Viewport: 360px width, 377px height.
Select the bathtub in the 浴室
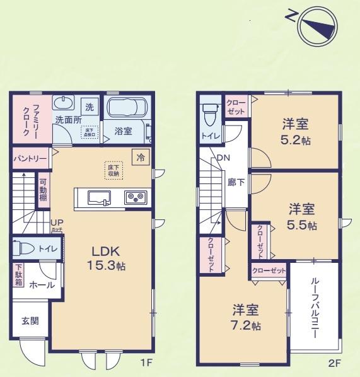point(125,107)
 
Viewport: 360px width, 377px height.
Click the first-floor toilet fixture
point(24,248)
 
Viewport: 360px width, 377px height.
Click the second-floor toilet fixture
point(210,113)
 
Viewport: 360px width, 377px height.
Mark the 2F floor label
point(334,364)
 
